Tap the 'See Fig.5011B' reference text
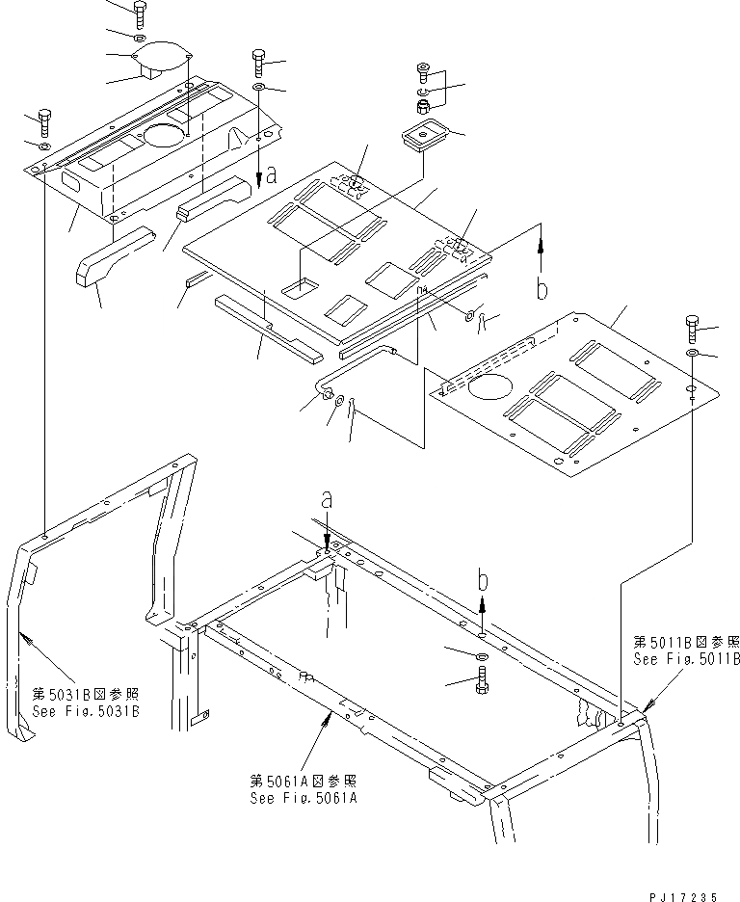[x=686, y=659]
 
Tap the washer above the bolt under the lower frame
[x=481, y=655]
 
